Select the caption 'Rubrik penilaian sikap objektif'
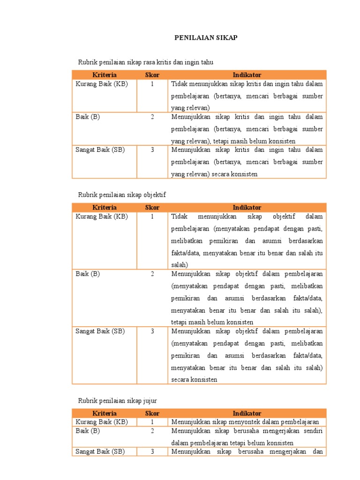(x=122, y=194)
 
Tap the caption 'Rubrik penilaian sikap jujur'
(x=117, y=400)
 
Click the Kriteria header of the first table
(x=105, y=75)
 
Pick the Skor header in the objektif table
(x=152, y=207)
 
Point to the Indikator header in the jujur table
(x=247, y=413)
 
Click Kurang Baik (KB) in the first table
(x=101, y=84)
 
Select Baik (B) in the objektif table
(x=88, y=274)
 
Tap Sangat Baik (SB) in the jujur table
(x=100, y=451)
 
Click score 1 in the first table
(x=152, y=84)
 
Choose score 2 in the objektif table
(x=152, y=274)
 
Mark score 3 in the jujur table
(x=152, y=451)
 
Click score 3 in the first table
(x=152, y=150)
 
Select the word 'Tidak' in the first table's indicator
(x=179, y=84)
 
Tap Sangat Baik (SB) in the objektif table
(x=100, y=331)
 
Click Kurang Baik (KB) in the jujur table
(x=101, y=422)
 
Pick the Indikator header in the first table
(x=247, y=75)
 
